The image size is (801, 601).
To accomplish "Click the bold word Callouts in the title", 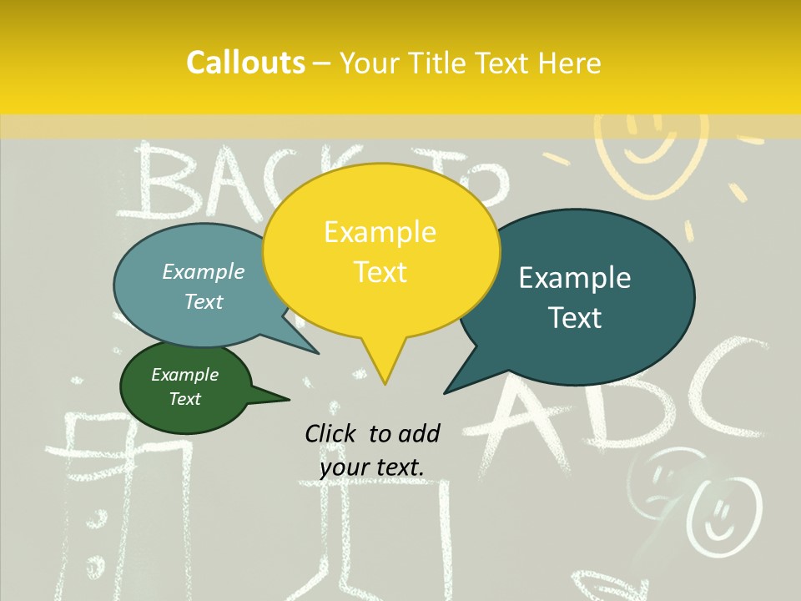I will pyautogui.click(x=245, y=63).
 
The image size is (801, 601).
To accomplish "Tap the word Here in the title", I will pyautogui.click(x=569, y=63).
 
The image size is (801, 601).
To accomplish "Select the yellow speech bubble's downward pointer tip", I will pyautogui.click(x=385, y=382).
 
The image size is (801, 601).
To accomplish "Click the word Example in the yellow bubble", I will pyautogui.click(x=380, y=232).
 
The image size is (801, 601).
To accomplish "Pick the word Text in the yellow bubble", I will pyautogui.click(x=380, y=272).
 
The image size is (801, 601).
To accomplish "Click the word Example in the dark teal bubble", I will pyautogui.click(x=575, y=278).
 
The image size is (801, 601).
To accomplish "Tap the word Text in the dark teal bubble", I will pyautogui.click(x=575, y=318).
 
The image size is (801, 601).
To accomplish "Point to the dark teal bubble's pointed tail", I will pyautogui.click(x=448, y=391).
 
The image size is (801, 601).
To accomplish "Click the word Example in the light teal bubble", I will pyautogui.click(x=204, y=272).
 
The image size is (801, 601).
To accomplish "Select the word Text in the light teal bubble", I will pyautogui.click(x=204, y=302).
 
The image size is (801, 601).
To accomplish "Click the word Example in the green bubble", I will pyautogui.click(x=185, y=375).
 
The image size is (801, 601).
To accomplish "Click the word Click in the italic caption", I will pyautogui.click(x=330, y=433).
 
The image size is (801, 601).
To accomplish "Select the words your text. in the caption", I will pyautogui.click(x=372, y=467).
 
